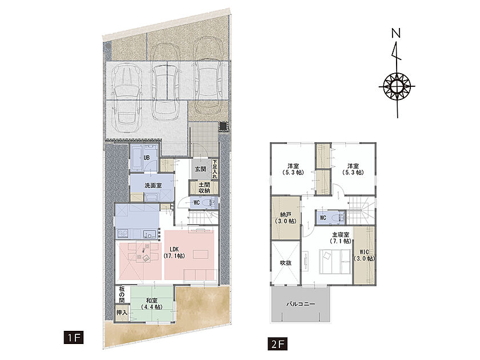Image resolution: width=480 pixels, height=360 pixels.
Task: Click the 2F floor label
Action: [x=277, y=343]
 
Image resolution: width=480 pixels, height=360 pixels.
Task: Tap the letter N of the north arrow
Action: [x=396, y=33]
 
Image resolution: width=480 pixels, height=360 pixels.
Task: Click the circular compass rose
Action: [x=397, y=86]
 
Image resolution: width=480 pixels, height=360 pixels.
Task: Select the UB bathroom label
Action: [x=146, y=158]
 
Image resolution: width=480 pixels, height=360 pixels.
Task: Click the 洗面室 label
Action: [x=153, y=186]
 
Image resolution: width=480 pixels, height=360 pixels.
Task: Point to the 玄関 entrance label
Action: [x=201, y=169]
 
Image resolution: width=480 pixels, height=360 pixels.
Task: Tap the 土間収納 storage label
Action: [x=204, y=187]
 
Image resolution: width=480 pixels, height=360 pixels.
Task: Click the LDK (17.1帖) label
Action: [x=174, y=252]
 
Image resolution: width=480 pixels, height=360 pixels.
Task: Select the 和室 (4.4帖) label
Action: [x=152, y=303]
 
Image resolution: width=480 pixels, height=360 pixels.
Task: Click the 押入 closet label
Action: [x=122, y=313]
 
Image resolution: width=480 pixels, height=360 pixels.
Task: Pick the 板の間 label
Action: [x=122, y=294]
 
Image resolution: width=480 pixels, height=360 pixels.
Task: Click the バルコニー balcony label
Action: [x=301, y=304]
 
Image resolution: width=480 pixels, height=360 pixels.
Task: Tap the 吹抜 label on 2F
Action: [x=286, y=263]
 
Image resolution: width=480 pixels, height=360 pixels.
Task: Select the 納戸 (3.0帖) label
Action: [x=286, y=217]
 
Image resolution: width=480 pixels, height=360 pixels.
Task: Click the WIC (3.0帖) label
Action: [x=364, y=255]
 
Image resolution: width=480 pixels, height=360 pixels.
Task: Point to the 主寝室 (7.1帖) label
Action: [x=341, y=238]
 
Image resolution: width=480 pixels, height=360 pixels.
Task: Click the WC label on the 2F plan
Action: [x=323, y=218]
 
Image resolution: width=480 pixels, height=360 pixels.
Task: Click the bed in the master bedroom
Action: [x=335, y=262]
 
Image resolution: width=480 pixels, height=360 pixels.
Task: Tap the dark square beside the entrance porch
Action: [x=223, y=126]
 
